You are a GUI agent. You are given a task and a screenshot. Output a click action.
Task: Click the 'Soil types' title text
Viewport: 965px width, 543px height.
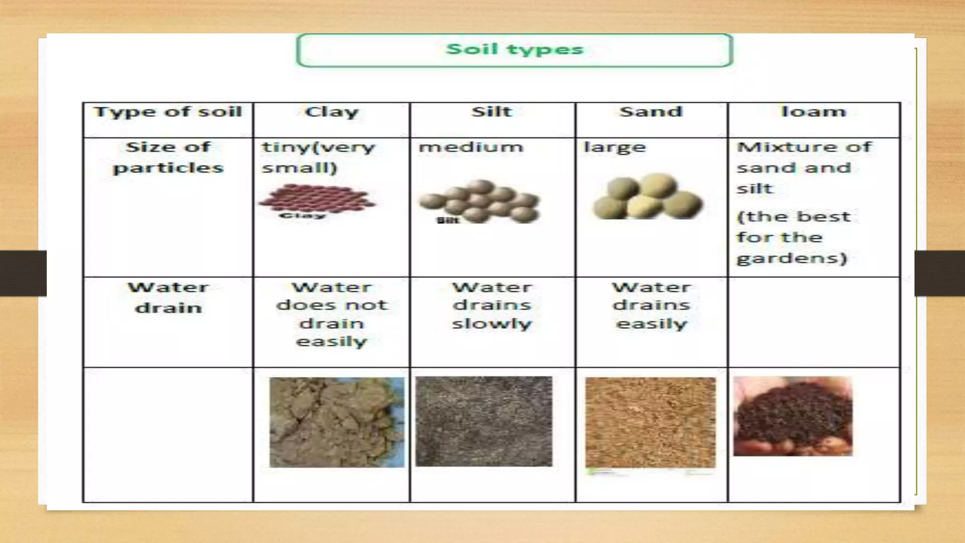point(515,49)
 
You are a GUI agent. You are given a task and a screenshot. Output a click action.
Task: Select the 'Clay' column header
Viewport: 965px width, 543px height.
point(332,112)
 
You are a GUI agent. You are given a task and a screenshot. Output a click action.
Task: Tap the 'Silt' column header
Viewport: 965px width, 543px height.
point(491,112)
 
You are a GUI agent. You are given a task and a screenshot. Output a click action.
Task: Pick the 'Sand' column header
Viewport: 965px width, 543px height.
point(651,112)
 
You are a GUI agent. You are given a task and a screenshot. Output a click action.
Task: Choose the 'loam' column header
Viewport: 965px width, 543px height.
point(814,112)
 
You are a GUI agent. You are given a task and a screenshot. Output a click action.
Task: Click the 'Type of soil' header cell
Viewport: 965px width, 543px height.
point(168,112)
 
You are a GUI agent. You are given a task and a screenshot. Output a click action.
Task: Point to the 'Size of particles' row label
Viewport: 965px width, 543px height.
point(168,157)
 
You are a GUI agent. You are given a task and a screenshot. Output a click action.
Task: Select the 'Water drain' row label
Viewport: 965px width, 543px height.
point(168,297)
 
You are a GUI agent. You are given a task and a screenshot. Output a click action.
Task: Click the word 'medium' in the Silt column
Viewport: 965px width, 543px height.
point(471,147)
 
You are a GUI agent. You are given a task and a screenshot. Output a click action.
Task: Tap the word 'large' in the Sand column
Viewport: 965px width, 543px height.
point(614,148)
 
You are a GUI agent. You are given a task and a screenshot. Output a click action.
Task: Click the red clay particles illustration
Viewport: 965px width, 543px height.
point(317,199)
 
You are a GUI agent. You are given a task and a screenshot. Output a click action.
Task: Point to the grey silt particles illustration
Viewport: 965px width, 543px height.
point(480,201)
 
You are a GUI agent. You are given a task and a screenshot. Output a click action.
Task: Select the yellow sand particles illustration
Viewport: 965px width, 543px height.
point(648,197)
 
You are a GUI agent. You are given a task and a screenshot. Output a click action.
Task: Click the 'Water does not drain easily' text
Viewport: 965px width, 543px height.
point(332,314)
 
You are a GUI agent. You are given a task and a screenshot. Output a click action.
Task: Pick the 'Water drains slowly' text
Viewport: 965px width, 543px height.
point(492,305)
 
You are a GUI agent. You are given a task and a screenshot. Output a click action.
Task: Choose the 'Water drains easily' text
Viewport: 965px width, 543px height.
point(652,305)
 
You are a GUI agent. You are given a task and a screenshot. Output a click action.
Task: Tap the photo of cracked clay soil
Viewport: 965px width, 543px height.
point(336,422)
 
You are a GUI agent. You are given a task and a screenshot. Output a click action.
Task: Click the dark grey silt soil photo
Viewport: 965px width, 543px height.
point(483,421)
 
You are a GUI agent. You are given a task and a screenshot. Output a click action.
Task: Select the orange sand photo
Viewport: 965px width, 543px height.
point(650,422)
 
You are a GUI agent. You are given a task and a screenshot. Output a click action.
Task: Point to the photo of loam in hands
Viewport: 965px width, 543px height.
point(793,416)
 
